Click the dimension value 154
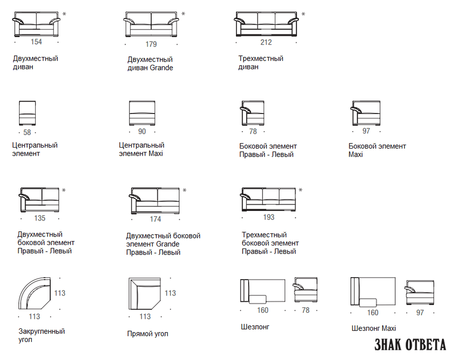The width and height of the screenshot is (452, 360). coord(36,42)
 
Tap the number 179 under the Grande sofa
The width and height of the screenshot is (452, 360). coord(151,44)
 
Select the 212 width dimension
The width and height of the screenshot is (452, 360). coord(266,42)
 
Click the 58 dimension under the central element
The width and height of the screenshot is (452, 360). coord(27,132)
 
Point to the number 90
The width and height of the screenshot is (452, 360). coord(142,132)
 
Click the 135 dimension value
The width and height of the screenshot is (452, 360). coord(40,218)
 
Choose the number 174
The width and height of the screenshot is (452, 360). coord(155,219)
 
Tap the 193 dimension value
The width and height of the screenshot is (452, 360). coord(269,217)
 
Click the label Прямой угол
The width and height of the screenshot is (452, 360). coord(148,334)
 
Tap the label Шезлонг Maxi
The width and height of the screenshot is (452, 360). coord(374,328)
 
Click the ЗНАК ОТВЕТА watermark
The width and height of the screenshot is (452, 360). coord(410,344)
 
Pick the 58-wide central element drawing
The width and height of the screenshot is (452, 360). coord(28,113)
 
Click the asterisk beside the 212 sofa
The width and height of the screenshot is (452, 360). coord(303,14)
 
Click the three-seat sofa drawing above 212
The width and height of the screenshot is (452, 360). coord(266,24)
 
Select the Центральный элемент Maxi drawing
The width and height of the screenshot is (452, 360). coord(142,113)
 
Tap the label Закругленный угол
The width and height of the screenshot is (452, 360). coord(42,335)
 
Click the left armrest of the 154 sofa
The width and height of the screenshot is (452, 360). coord(17,21)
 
